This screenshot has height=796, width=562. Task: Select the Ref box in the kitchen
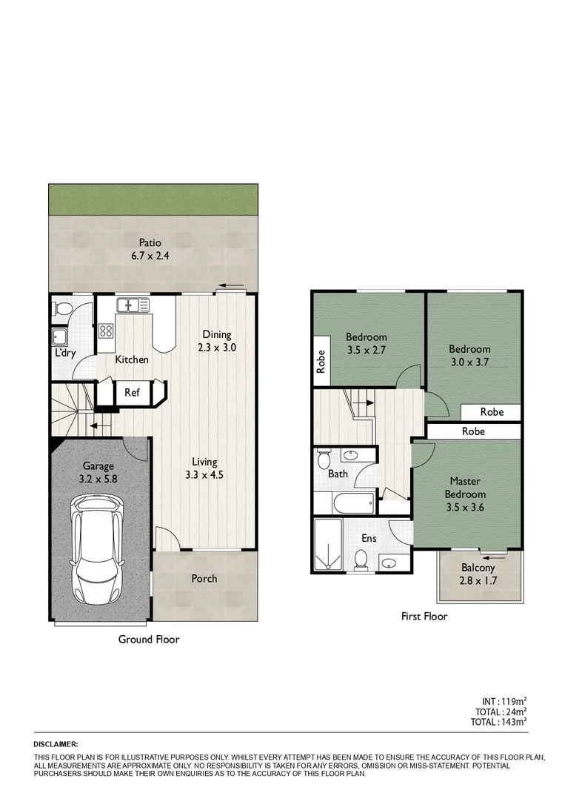[132, 393]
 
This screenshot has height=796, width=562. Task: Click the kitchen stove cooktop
[106, 331]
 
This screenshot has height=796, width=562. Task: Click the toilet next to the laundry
[63, 308]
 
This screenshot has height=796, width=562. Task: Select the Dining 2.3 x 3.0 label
[216, 340]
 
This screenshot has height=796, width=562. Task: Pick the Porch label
[204, 578]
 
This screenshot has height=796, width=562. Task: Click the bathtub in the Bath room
[354, 505]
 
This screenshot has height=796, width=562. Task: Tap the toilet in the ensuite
[361, 560]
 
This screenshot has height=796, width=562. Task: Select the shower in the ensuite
[326, 545]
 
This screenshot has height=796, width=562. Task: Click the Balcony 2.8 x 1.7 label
[478, 574]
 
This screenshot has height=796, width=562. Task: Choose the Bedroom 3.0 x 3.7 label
[469, 355]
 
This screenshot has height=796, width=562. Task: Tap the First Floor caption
[424, 616]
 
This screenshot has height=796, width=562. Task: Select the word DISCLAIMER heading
[56, 743]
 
